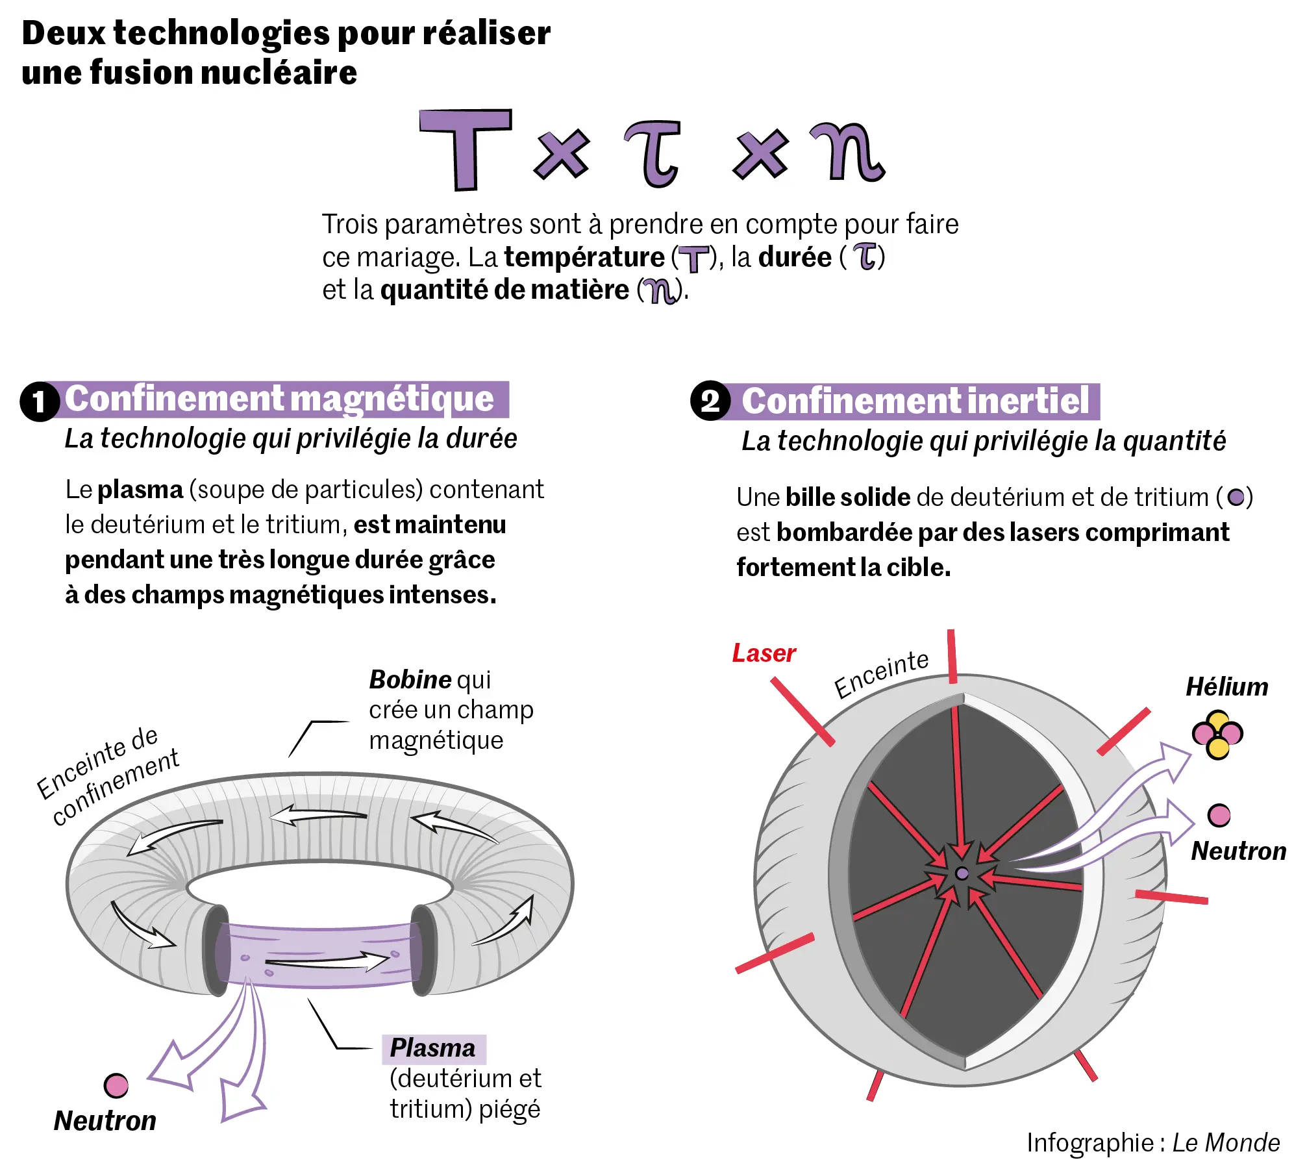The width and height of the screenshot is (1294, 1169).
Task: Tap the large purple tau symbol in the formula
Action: (x=653, y=155)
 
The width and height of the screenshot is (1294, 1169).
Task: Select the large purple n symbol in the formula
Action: (x=847, y=152)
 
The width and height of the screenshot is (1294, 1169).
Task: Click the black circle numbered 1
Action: (x=40, y=401)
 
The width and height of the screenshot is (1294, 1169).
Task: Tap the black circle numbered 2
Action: (x=710, y=401)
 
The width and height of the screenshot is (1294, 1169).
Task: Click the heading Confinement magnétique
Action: (x=279, y=399)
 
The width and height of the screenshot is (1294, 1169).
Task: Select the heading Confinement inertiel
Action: (x=915, y=401)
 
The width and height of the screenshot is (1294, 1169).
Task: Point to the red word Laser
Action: (x=764, y=653)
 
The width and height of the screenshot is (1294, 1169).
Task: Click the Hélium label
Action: (x=1226, y=686)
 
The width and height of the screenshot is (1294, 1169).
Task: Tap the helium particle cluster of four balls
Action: (x=1217, y=735)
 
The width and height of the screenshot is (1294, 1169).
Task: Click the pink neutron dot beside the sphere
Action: (x=1219, y=815)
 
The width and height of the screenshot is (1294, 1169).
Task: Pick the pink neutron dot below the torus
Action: (x=116, y=1085)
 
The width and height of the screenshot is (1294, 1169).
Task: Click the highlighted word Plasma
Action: (x=432, y=1048)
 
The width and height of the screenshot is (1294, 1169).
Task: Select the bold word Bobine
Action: (x=410, y=680)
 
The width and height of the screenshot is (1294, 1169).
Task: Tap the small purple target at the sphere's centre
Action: (x=962, y=874)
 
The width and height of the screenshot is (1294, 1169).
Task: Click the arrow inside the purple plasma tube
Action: (x=328, y=960)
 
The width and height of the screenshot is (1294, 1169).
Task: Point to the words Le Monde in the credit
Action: (x=1226, y=1142)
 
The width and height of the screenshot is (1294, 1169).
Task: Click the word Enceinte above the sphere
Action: (x=881, y=673)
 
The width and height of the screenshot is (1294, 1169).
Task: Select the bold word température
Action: (x=584, y=257)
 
